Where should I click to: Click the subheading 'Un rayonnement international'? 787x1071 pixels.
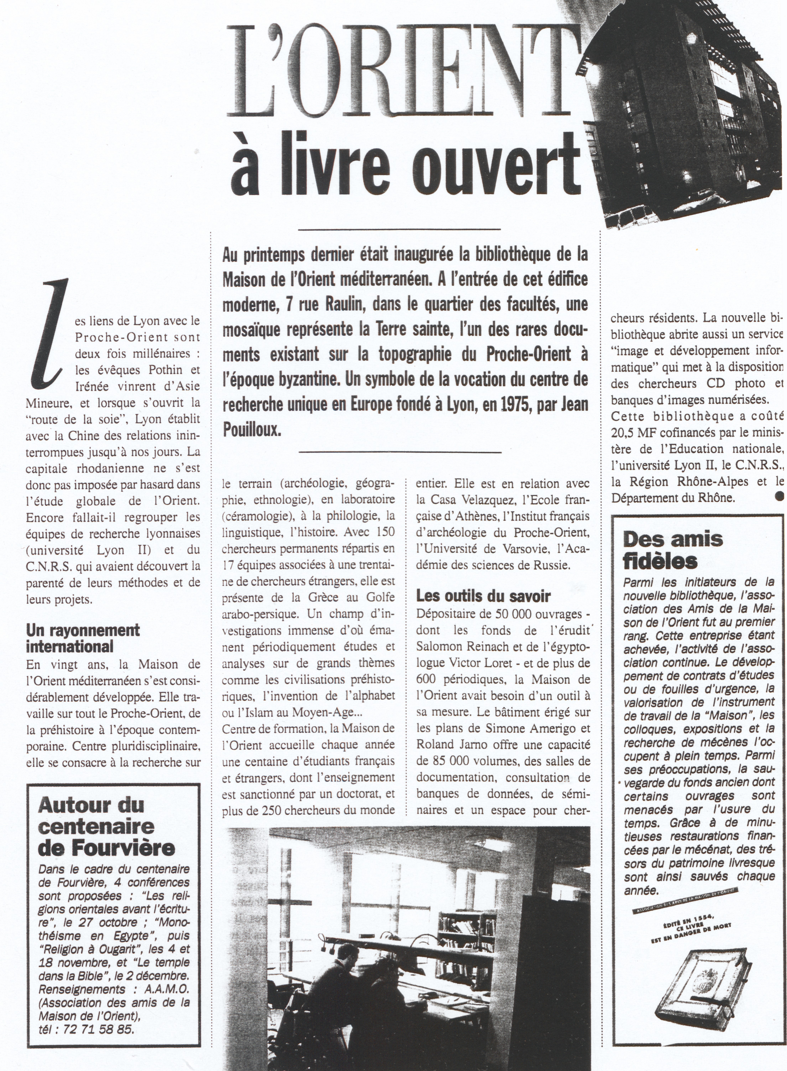82,638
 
